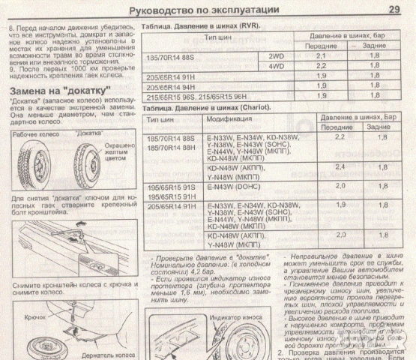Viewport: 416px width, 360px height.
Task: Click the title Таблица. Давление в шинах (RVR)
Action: tap(202, 25)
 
